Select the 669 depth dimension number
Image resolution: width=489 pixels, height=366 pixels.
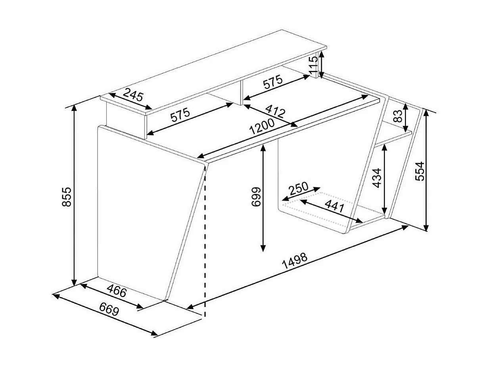point(109,309)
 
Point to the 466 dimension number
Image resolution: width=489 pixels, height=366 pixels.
point(117,291)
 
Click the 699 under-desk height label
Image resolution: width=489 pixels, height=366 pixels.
point(256,196)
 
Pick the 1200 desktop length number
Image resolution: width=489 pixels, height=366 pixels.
point(262,127)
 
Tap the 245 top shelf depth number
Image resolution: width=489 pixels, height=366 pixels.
point(133,94)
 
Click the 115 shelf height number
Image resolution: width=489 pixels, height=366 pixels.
point(313,65)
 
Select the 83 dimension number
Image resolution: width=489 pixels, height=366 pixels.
point(398,116)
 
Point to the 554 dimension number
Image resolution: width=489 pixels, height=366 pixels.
point(420,171)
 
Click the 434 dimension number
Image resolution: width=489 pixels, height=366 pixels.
point(376,178)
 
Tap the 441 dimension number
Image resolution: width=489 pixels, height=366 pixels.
point(334,206)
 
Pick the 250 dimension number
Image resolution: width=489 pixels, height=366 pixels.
point(299,188)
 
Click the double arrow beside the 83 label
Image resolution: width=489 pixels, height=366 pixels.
point(405,118)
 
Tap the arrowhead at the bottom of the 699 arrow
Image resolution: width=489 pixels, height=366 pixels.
point(263,248)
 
